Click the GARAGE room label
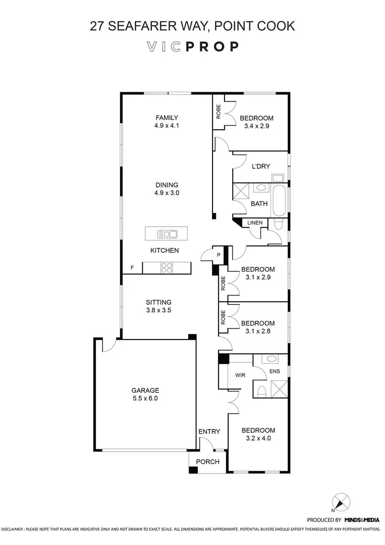[x=145, y=390]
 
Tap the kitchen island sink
[x=167, y=234]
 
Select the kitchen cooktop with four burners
[x=167, y=268]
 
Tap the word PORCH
[x=207, y=461]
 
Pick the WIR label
[x=240, y=375]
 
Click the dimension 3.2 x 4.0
[x=258, y=438]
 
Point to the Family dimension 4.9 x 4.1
[x=167, y=127]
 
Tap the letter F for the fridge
[x=132, y=267]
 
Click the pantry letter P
[x=219, y=255]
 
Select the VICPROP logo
[x=192, y=47]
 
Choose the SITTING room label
[x=159, y=302]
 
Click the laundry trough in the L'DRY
[x=278, y=177]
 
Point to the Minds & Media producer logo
[x=362, y=519]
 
